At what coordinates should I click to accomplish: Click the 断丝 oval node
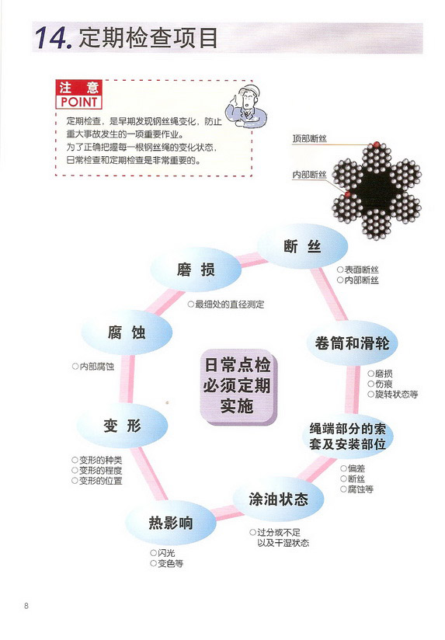(303, 246)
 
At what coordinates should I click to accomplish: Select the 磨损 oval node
(196, 270)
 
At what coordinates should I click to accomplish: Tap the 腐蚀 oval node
(127, 332)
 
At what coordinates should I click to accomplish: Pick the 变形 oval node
(122, 426)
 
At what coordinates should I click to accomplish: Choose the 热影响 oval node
(171, 523)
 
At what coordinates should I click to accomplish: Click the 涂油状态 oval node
(279, 499)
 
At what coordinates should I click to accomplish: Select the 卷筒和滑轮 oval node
(352, 343)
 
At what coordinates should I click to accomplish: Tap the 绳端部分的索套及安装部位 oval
(347, 436)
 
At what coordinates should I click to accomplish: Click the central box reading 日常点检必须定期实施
(238, 386)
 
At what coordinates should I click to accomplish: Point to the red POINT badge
(78, 94)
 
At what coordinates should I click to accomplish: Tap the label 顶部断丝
(309, 139)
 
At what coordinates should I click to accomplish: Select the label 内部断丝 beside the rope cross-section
(309, 175)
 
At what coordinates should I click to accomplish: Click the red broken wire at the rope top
(377, 144)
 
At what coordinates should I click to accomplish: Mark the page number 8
(26, 606)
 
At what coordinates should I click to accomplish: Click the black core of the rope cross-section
(377, 188)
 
